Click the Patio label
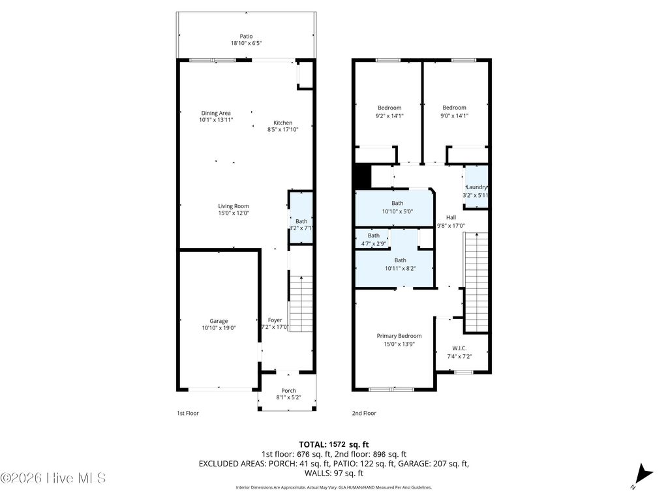246,37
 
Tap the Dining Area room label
215,113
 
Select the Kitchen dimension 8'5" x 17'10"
282,130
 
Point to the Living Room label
233,206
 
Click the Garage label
219,321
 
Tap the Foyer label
275,320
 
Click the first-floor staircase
301,303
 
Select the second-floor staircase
476,284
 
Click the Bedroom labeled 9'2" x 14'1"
389,108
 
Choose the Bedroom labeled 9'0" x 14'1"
454,108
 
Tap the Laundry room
476,187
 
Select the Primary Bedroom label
399,336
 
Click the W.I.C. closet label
459,348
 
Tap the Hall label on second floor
451,217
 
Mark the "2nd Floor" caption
363,413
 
